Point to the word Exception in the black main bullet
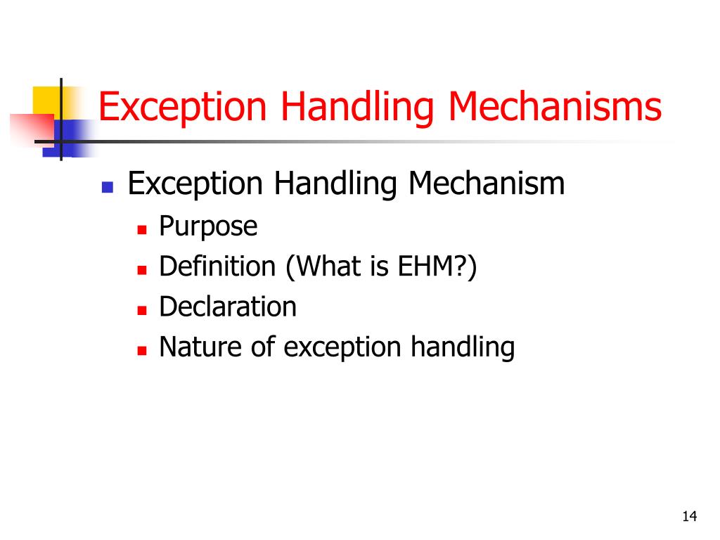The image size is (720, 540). (195, 184)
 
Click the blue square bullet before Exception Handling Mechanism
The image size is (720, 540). (108, 187)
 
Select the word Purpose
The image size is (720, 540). (208, 227)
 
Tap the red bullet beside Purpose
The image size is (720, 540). (141, 229)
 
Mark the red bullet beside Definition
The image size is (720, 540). (141, 269)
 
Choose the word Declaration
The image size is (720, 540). (228, 307)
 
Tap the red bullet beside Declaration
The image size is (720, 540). (141, 309)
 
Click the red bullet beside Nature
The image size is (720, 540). (141, 350)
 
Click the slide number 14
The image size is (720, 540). (689, 517)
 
